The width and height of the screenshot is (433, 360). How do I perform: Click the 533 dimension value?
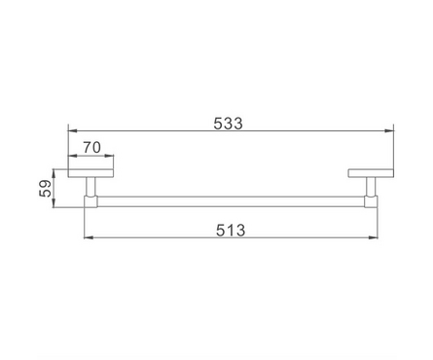pos(228,124)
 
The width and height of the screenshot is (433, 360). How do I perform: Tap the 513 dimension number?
pos(231,231)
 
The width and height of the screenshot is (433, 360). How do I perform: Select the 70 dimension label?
pos(91,148)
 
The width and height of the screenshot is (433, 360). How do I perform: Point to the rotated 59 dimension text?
pos(46,189)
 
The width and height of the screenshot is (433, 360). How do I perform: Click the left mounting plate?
pos(90,173)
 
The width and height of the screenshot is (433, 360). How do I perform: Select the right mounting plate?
pos(371,173)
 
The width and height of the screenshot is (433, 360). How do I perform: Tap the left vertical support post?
pos(90,187)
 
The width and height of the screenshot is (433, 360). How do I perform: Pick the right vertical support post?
pos(371,187)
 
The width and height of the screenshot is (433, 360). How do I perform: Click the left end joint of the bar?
pos(90,201)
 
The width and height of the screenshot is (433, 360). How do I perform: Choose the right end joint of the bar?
pos(371,201)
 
